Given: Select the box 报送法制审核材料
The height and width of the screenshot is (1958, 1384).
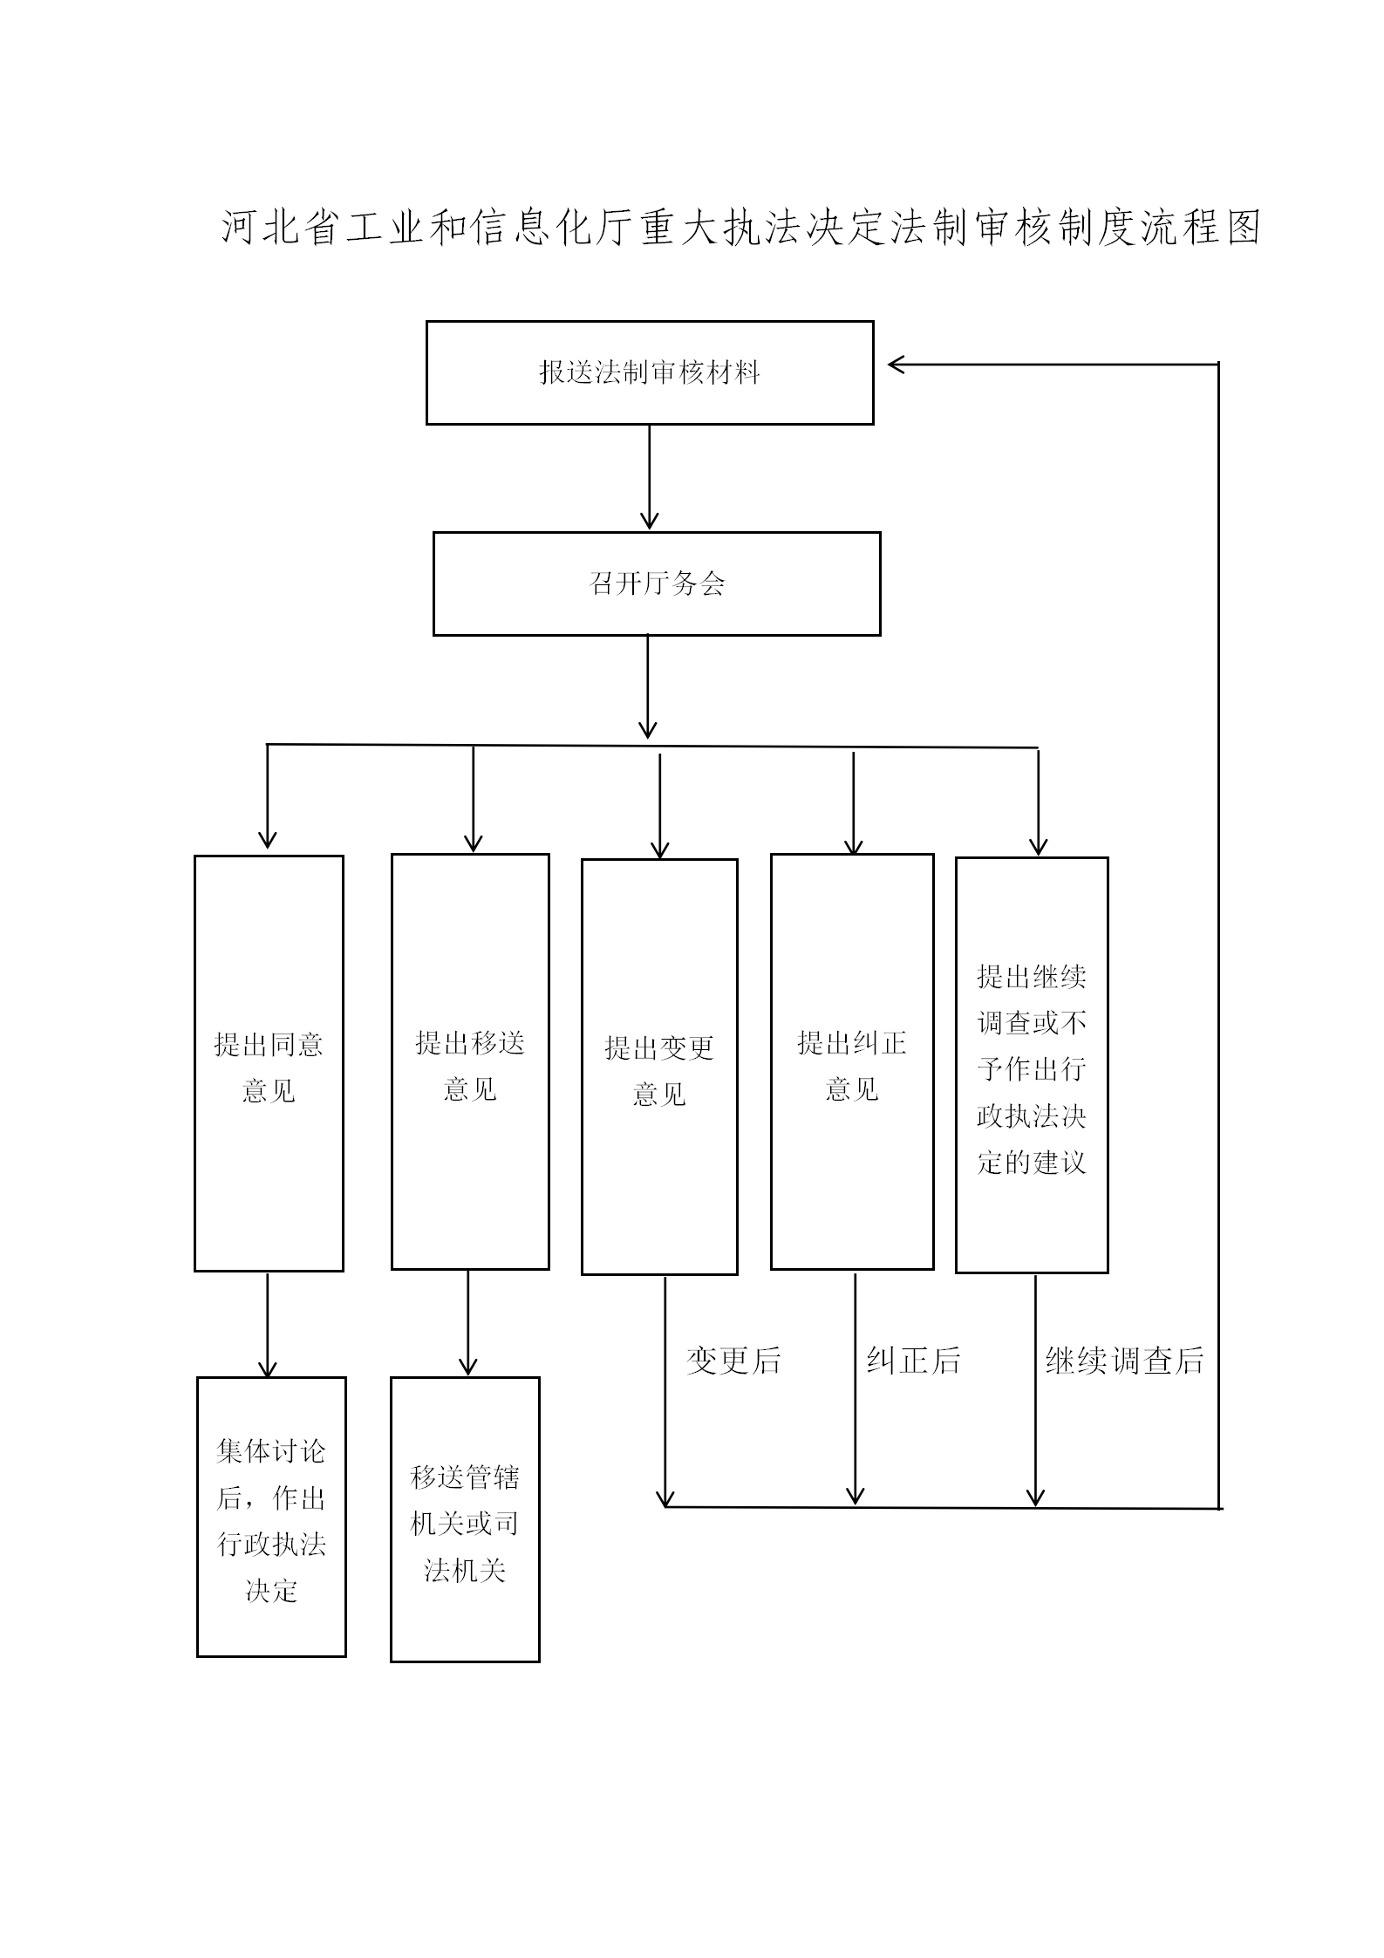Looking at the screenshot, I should pyautogui.click(x=650, y=372).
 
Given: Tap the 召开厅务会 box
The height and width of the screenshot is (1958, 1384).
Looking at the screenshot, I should pyautogui.click(x=657, y=583).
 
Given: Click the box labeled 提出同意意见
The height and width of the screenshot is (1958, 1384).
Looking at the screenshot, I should pyautogui.click(x=269, y=1063).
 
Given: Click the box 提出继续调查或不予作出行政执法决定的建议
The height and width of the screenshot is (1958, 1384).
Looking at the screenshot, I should pyautogui.click(x=1032, y=1065).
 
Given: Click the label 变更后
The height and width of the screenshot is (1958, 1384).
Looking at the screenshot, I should pyautogui.click(x=733, y=1361).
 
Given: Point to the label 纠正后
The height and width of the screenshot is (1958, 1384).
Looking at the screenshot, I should pyautogui.click(x=913, y=1361).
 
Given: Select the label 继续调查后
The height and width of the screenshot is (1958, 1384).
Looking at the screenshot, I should pyautogui.click(x=1124, y=1361).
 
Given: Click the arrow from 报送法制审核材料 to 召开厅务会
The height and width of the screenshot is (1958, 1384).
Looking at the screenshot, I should pyautogui.click(x=649, y=477).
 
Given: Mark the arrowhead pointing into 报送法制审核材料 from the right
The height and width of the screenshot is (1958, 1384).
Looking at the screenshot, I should pyautogui.click(x=897, y=365).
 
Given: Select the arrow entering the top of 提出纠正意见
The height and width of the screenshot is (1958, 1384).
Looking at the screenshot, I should pyautogui.click(x=854, y=802).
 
